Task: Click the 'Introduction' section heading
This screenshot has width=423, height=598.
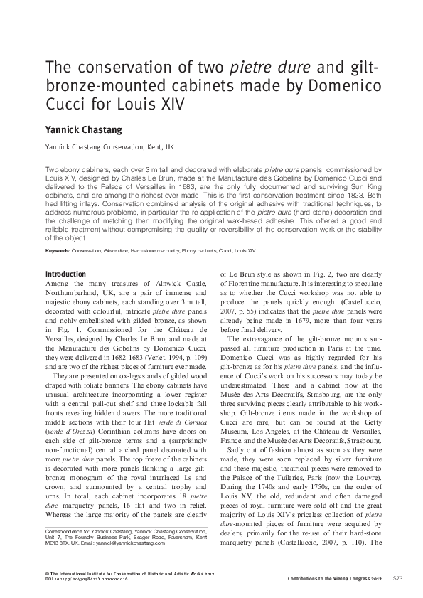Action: (65, 274)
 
